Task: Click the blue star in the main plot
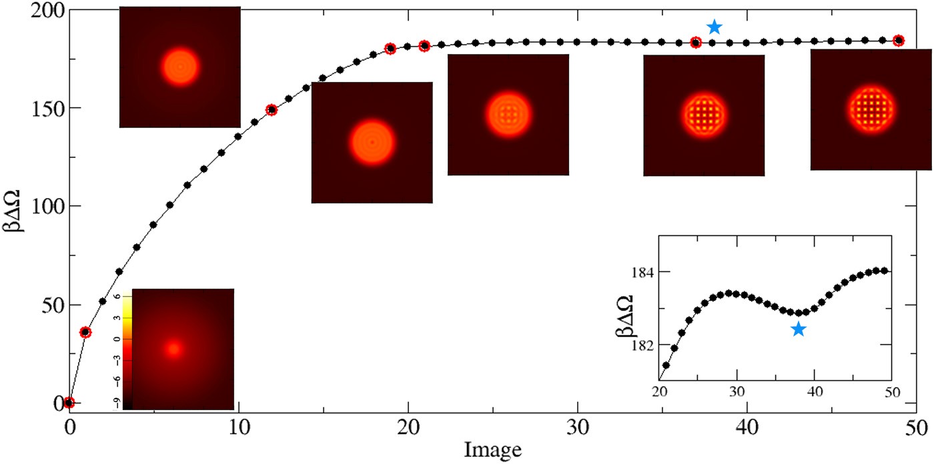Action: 715,27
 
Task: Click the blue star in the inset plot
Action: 798,329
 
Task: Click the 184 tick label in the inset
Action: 644,272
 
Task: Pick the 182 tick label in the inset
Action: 644,345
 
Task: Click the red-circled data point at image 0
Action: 69,402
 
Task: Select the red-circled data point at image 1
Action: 85,332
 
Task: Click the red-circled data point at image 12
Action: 272,110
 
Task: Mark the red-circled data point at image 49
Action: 899,41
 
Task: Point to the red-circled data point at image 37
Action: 696,43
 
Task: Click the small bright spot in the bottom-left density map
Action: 174,348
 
